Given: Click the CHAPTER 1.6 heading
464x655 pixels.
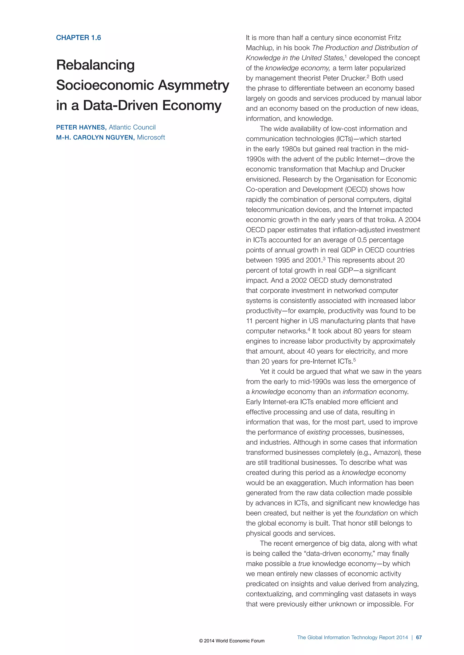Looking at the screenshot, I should point(78,38).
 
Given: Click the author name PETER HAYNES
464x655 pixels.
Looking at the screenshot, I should point(81,127).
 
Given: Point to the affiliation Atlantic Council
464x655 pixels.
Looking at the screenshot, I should point(132,127).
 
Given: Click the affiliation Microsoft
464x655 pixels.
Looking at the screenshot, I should point(151,138).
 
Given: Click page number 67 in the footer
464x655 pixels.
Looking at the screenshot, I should point(418,637).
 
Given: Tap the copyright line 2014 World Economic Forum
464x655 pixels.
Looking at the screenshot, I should point(232,641).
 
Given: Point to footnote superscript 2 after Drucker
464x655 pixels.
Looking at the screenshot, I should point(368,76).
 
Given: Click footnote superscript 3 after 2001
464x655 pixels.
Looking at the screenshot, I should point(324,259).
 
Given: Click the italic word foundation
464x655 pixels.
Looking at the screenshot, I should point(371,513).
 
